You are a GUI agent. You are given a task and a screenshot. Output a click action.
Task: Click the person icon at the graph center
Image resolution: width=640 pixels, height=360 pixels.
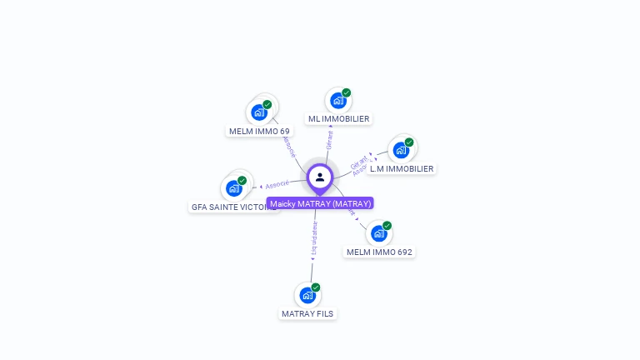[320, 177]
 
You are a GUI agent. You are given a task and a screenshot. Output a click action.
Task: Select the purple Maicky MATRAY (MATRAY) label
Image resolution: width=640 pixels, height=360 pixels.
[320, 203]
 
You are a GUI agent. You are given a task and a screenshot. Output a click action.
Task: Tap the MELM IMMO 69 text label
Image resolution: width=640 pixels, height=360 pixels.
[259, 132]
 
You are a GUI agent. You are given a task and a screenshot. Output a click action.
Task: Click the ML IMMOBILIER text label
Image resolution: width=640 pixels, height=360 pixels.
[338, 119]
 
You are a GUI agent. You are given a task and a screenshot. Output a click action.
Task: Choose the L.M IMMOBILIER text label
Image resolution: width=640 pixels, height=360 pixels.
[402, 169]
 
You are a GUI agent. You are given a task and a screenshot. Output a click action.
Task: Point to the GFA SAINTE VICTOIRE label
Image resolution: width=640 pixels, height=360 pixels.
[232, 207]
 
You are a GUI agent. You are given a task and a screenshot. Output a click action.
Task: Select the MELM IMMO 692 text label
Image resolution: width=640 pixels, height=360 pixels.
[379, 252]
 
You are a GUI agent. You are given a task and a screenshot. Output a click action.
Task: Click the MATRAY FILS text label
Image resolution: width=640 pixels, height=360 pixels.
[307, 314]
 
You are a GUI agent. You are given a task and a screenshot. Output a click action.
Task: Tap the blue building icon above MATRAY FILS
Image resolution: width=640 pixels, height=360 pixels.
[307, 295]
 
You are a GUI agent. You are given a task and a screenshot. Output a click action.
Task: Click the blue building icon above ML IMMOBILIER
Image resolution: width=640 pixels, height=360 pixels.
[338, 101]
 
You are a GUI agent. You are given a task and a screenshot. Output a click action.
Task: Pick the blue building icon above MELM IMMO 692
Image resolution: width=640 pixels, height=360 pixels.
[379, 233]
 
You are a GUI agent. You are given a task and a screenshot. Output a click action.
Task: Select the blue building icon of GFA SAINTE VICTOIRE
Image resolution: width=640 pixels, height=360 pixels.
[234, 188]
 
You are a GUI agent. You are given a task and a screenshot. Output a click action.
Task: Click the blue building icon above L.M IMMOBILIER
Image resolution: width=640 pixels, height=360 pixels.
[401, 150]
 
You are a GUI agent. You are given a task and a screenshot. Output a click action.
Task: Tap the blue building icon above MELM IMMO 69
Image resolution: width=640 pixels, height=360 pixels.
[259, 112]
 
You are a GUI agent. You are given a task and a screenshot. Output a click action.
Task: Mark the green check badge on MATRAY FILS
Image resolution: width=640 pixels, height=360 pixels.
[316, 287]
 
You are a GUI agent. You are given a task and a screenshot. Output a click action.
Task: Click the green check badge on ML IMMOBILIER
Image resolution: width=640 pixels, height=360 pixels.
[347, 92]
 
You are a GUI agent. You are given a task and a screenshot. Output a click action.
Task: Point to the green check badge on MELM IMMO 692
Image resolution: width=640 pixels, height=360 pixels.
[387, 226]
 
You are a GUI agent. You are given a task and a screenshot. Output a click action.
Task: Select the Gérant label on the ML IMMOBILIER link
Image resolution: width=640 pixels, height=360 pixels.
[330, 140]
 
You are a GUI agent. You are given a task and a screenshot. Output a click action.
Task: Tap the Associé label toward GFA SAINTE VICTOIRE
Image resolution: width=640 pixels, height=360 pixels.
[277, 184]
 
